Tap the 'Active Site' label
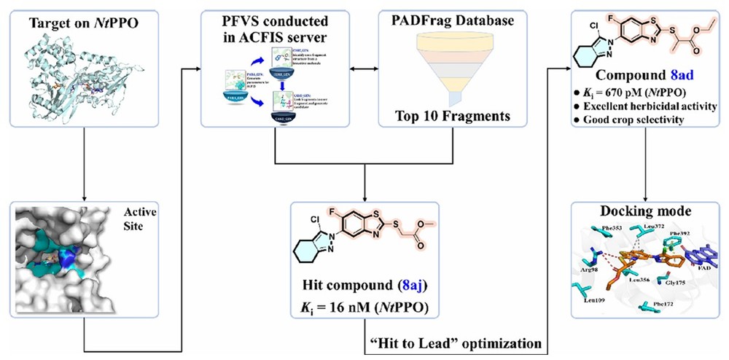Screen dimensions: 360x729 (x=134, y=219)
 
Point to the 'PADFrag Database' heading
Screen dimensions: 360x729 (x=448, y=21)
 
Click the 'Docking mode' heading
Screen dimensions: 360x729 (x=644, y=211)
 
